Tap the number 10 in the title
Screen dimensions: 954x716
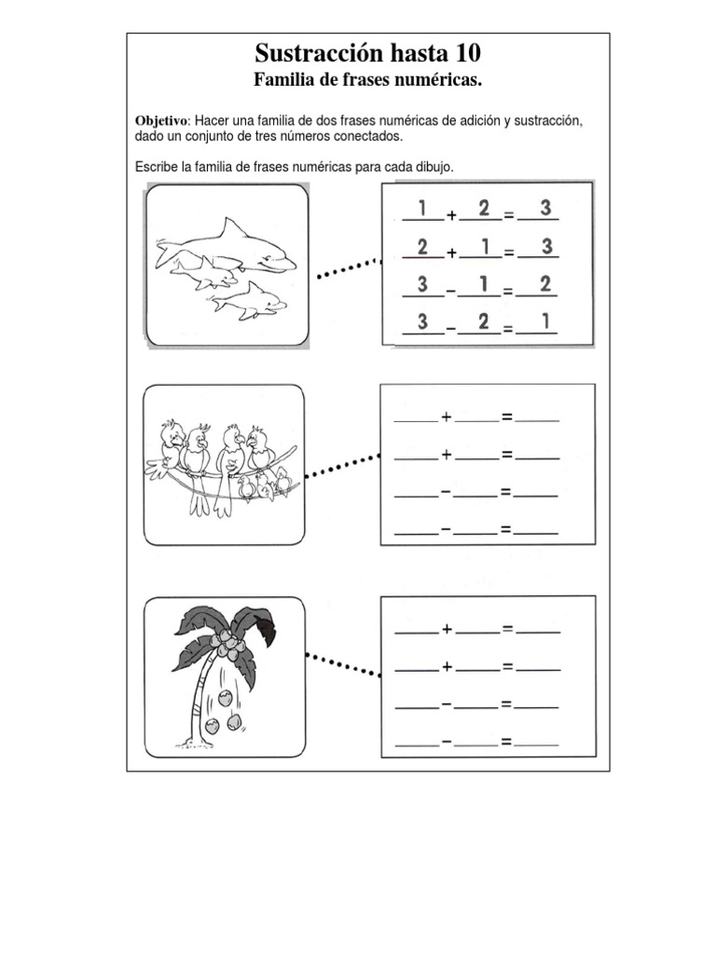(x=463, y=52)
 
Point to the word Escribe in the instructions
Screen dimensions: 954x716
(x=158, y=166)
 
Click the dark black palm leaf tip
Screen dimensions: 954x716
(x=266, y=633)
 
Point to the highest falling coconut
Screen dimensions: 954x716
(x=225, y=697)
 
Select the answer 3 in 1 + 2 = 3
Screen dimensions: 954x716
(x=545, y=209)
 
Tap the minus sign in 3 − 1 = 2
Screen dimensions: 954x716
(x=450, y=291)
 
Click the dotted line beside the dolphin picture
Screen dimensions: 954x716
(x=348, y=268)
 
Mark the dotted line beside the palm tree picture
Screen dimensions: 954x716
(x=343, y=665)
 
